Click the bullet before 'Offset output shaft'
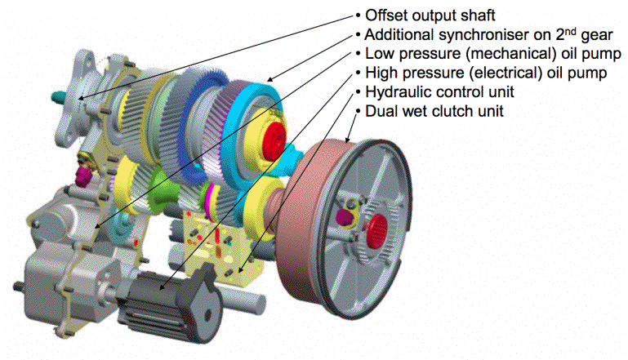[357, 16]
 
